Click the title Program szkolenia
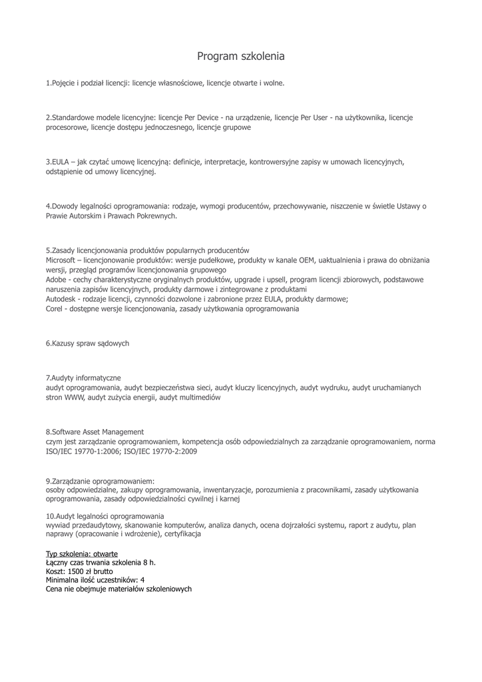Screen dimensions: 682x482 pos(240,57)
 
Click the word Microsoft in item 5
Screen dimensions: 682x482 pos(61,260)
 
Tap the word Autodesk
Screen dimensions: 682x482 pos(60,300)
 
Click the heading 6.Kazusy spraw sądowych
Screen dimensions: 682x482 pos(87,344)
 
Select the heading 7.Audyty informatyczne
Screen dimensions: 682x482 pos(83,378)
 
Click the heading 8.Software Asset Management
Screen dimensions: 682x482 pos(95,432)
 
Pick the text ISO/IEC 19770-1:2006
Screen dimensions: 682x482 pos(81,451)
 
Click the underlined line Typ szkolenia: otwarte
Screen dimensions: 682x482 pos(82,553)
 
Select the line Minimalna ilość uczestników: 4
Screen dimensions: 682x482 pos(95,580)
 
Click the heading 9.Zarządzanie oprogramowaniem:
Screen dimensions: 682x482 pos(100,480)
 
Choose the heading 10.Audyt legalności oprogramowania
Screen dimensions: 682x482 pos(105,515)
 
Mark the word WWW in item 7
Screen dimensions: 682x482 pos(73,397)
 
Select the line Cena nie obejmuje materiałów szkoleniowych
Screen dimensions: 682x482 pos(119,589)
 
